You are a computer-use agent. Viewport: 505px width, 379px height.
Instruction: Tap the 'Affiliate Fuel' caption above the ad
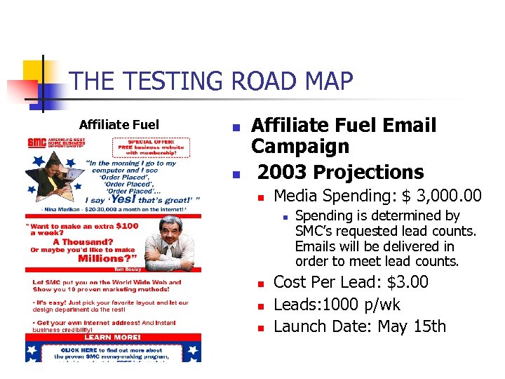coord(119,125)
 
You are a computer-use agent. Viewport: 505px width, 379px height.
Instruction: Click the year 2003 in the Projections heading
coord(283,172)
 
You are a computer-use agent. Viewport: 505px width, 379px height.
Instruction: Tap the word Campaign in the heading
coord(300,147)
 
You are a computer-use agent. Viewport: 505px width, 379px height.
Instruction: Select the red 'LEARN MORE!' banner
coord(112,337)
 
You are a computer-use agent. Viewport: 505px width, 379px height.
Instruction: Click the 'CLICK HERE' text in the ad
coord(79,350)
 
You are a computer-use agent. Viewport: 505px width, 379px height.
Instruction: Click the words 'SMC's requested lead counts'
coord(385,231)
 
